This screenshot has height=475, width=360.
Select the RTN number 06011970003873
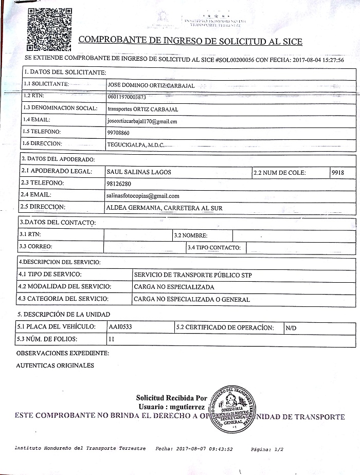[x=128, y=97]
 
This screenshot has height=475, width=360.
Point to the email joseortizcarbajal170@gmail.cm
[x=142, y=121]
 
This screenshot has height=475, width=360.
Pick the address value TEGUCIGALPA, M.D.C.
[x=135, y=145]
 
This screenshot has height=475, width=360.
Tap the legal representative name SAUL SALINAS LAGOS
[x=138, y=172]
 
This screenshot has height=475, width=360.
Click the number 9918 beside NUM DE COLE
[x=338, y=173]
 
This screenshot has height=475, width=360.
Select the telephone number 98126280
[x=118, y=184]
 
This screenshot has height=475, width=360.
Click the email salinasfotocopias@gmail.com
[x=142, y=196]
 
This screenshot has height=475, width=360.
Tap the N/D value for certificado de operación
[x=291, y=328]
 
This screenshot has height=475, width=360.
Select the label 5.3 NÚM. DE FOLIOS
[x=47, y=339]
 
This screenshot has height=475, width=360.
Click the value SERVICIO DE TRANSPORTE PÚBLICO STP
[x=193, y=275]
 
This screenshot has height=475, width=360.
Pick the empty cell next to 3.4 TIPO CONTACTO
[x=300, y=248]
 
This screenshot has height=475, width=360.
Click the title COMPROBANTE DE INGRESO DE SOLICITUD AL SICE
[x=190, y=41]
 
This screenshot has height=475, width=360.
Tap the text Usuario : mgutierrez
[x=171, y=407]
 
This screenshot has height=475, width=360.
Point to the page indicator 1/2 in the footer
[x=279, y=449]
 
